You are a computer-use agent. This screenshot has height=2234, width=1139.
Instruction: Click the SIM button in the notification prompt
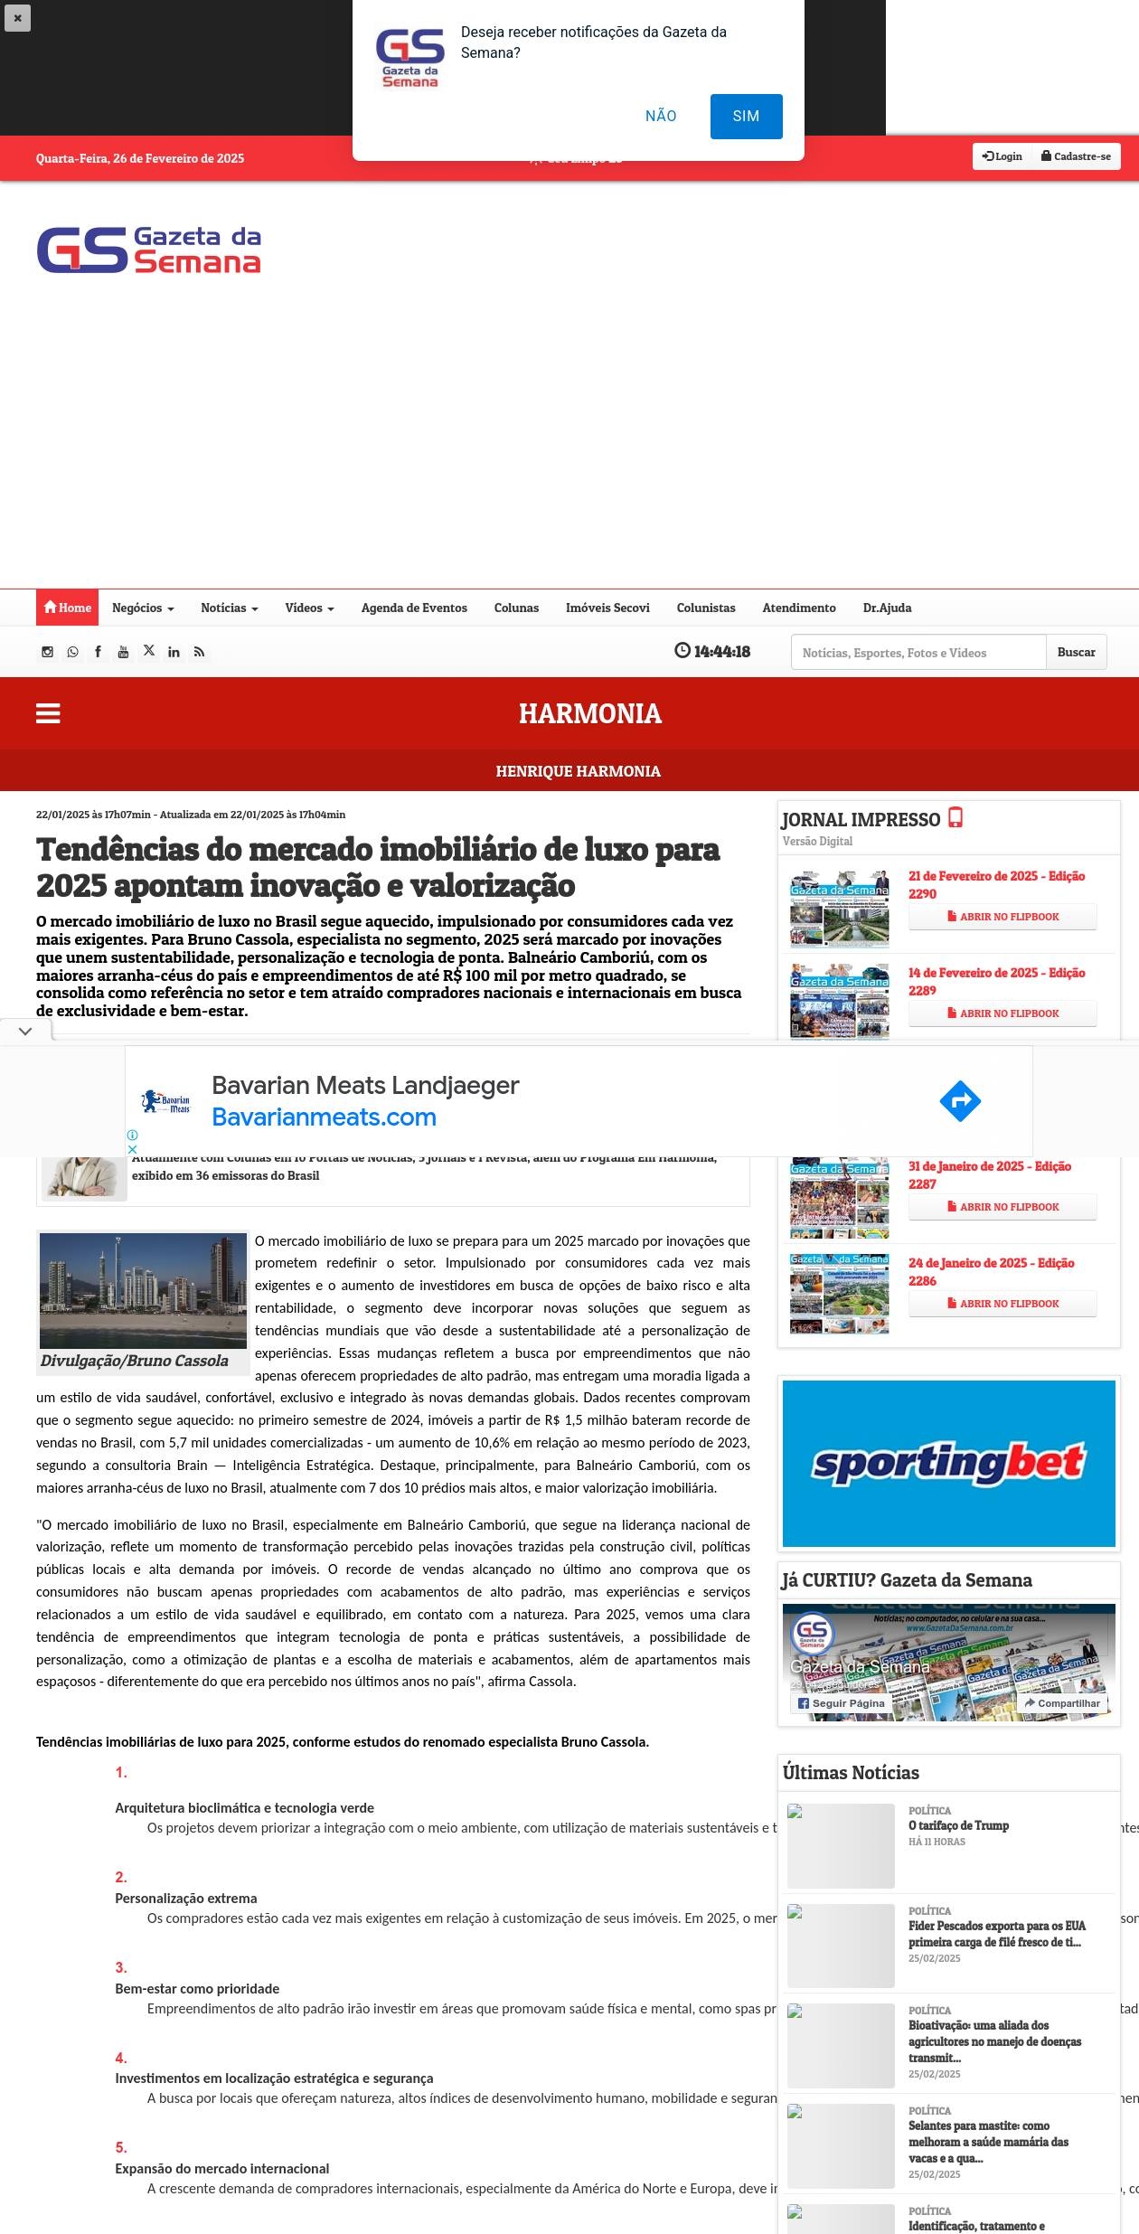point(746,117)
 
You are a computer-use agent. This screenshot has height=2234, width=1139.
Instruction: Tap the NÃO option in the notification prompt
point(661,117)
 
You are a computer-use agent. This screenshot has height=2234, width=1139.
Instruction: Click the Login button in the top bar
point(1003,156)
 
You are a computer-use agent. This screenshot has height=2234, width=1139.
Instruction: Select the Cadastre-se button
point(1076,156)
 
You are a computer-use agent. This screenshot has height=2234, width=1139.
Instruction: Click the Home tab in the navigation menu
point(68,608)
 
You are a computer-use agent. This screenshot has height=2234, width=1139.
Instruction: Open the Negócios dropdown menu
point(143,608)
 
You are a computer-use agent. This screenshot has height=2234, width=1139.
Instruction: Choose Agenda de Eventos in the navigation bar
point(414,608)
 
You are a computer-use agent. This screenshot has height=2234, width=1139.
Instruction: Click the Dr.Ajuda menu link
point(887,608)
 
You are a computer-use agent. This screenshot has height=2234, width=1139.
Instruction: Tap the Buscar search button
point(1076,652)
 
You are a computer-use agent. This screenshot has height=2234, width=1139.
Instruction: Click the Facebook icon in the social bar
point(98,652)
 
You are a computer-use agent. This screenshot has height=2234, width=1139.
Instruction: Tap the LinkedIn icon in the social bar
point(174,652)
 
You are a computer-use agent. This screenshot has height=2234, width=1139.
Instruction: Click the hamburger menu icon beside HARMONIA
point(48,713)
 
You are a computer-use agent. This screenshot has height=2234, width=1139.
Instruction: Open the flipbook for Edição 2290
point(1003,917)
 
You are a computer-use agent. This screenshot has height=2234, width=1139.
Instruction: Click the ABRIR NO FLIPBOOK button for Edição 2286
point(1003,1304)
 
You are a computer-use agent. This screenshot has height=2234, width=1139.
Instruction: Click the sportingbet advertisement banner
point(948,1463)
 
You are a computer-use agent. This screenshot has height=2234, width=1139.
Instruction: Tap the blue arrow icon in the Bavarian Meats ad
point(959,1101)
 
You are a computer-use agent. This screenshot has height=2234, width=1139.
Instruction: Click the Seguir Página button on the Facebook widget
point(841,1703)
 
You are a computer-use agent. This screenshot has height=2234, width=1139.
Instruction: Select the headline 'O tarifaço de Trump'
point(958,1825)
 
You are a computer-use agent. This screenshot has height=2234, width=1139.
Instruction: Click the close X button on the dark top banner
point(17,18)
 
